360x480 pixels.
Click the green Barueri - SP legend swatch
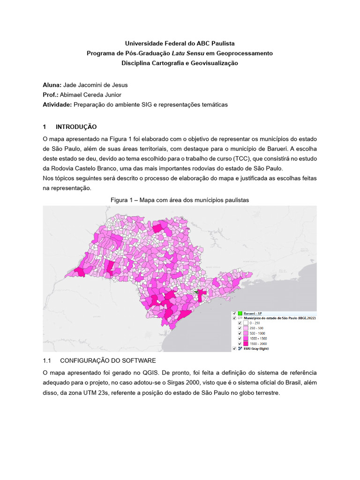tap(239, 313)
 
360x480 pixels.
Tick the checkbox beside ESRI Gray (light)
tap(234, 349)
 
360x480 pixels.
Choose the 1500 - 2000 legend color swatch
tap(245, 344)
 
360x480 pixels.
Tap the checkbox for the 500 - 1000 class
tap(239, 333)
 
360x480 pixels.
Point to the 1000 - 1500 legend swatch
tap(245, 338)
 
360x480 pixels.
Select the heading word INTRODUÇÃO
tap(76, 127)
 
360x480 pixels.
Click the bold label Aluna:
tap(52, 85)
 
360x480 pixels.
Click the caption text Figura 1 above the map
tap(123, 200)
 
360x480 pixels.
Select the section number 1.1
tap(47, 360)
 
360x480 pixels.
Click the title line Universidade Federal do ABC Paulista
tap(180, 44)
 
